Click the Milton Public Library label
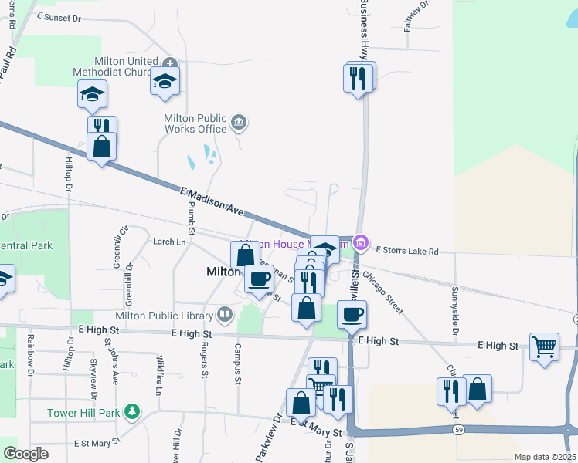point(164,315)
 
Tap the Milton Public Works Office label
point(195,123)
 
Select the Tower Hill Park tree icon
point(133,412)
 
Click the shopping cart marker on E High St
point(544,346)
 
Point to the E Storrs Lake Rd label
point(407,251)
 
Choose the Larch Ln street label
point(170,242)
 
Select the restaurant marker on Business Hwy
point(358,79)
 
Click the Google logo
point(26,453)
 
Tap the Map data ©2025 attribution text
point(544,457)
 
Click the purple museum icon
point(359,244)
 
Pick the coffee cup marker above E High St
point(352,314)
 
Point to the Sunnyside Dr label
point(455,312)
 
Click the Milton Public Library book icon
point(224,314)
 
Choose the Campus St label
point(237,369)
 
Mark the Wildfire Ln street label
point(158,374)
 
